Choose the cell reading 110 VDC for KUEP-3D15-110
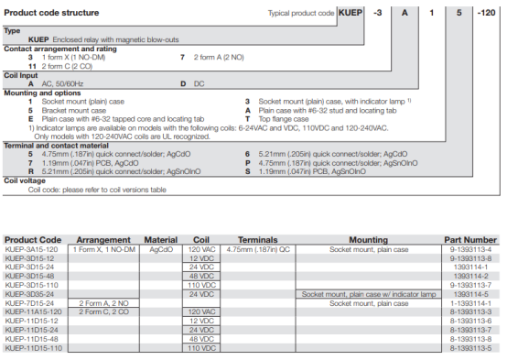pos(201,285)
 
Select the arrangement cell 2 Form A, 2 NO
pos(103,302)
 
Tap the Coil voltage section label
pos(25,181)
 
